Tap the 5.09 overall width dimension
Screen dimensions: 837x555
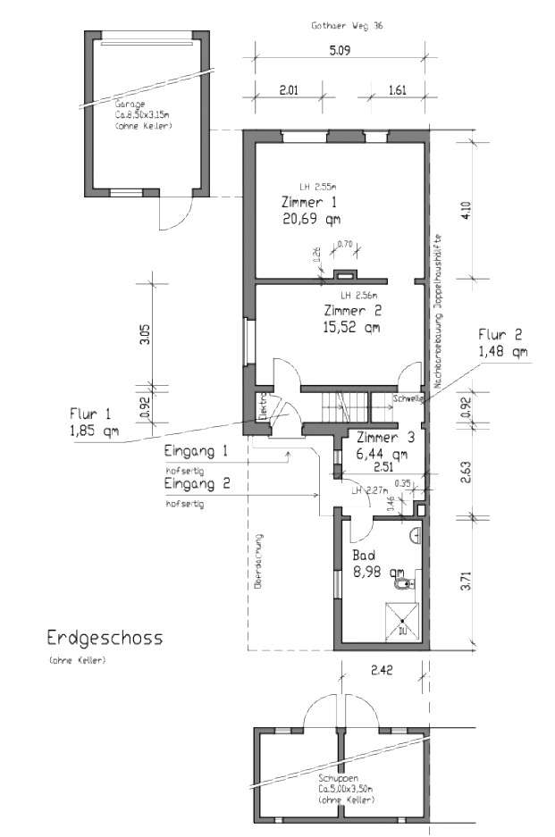click(340, 50)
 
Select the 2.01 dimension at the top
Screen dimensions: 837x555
click(288, 90)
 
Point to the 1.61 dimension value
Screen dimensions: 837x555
click(397, 90)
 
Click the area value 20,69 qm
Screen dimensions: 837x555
click(310, 218)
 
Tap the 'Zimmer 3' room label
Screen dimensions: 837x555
click(385, 438)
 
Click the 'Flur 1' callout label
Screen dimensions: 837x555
click(91, 414)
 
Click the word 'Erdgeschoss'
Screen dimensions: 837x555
click(105, 638)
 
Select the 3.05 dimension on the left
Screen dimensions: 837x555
click(145, 334)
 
